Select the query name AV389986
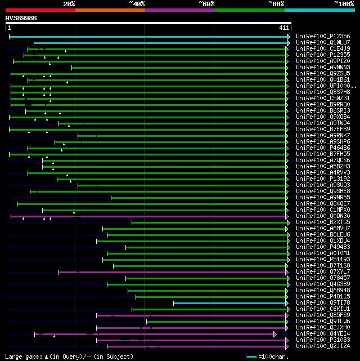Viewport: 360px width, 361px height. [x=21, y=18]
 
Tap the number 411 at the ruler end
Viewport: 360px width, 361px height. [x=284, y=28]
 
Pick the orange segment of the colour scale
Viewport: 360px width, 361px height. [x=110, y=10]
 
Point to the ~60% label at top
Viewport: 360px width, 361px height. [x=206, y=3]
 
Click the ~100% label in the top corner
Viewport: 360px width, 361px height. [x=344, y=3]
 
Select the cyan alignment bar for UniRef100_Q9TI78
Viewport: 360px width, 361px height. [x=231, y=303]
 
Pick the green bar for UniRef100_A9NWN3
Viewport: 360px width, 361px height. [x=180, y=68]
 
